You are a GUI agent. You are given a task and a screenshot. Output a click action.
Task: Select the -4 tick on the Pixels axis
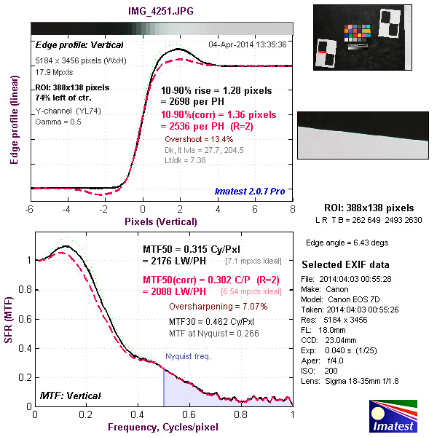67,210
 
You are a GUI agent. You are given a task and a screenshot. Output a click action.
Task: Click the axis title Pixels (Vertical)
161,221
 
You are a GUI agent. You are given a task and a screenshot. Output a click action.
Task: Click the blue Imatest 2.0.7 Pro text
251,192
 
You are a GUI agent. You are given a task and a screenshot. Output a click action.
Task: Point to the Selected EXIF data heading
345,264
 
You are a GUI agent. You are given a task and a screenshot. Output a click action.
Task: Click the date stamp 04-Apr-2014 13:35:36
247,44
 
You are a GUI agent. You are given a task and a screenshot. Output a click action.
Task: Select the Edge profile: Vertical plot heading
70,44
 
